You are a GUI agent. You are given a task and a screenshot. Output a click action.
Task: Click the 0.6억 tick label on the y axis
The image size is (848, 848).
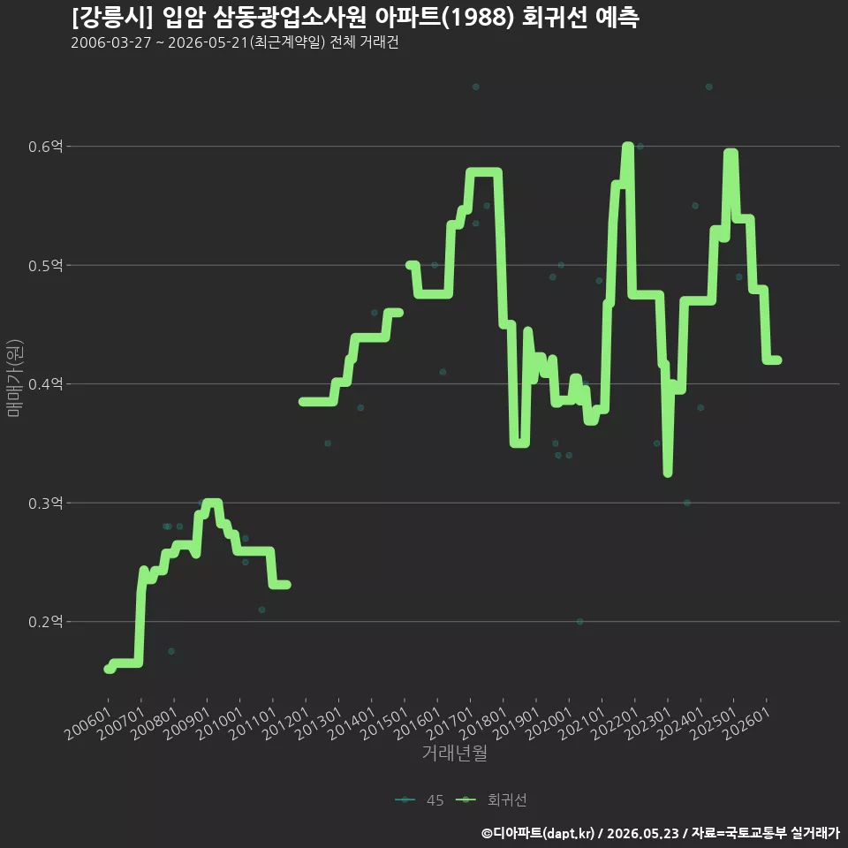[45, 147]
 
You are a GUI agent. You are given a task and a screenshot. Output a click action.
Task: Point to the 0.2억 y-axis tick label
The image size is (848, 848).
[45, 622]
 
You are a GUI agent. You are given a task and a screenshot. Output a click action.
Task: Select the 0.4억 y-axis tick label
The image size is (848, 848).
[45, 384]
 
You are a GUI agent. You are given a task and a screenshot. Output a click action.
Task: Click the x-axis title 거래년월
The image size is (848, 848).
[455, 753]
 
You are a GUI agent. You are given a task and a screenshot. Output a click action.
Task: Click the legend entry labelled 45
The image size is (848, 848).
[420, 800]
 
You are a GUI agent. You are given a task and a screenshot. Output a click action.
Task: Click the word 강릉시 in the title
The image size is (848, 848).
[112, 18]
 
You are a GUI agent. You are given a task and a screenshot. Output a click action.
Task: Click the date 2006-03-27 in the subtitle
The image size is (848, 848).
[111, 42]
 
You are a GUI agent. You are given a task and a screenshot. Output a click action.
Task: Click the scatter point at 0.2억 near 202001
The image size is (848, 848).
[579, 622]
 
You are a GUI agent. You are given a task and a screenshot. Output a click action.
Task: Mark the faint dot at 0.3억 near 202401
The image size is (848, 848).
[687, 503]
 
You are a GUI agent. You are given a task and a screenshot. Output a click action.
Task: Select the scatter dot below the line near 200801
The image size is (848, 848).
[171, 651]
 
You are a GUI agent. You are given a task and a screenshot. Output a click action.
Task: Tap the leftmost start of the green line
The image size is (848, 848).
[108, 669]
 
